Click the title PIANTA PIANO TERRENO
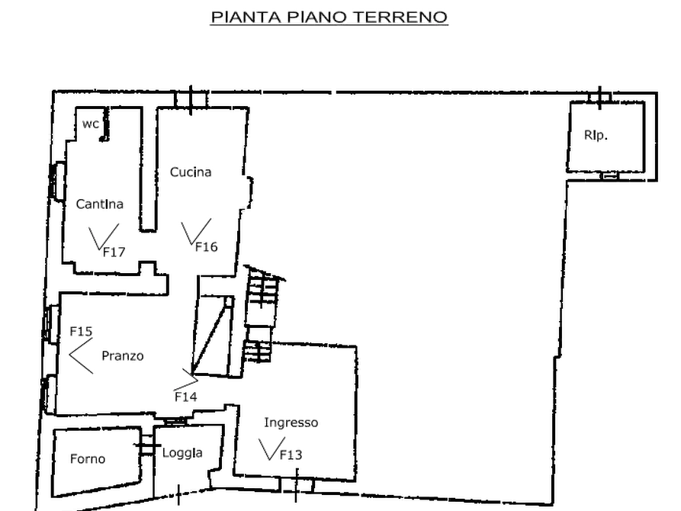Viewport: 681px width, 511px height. click(329, 17)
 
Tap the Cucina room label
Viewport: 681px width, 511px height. click(191, 172)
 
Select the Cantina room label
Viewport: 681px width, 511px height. click(99, 204)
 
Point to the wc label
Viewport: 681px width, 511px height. click(91, 124)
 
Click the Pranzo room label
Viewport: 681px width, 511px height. click(123, 356)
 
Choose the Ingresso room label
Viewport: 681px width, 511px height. click(291, 423)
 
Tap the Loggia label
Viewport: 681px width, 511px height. click(182, 453)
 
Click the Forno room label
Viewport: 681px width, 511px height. click(88, 459)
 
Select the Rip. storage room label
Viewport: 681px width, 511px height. click(596, 136)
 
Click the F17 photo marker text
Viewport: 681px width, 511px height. click(114, 252)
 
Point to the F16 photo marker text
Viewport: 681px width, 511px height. click(207, 247)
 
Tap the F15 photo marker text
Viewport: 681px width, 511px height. click(81, 332)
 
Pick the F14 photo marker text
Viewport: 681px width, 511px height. click(186, 397)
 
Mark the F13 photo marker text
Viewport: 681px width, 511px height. click(291, 455)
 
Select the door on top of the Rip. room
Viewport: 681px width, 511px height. click(600, 98)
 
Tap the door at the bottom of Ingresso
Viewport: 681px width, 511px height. click(297, 485)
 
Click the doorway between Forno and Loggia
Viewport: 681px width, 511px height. click(148, 445)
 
